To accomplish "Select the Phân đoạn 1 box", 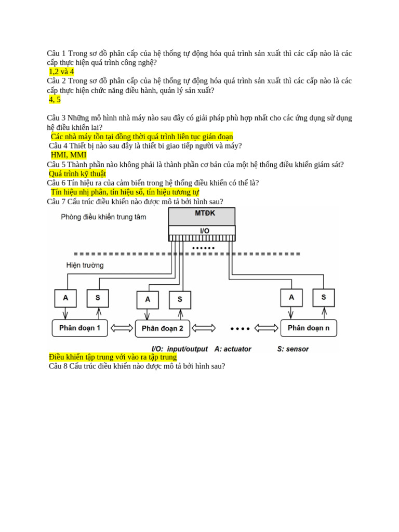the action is click(x=79, y=328).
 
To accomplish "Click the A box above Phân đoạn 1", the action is click(x=65, y=298).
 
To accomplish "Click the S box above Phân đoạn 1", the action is click(x=98, y=298).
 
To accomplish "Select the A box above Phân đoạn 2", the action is click(x=148, y=299).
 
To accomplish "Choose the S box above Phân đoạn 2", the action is click(x=180, y=299).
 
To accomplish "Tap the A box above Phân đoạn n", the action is click(x=291, y=297).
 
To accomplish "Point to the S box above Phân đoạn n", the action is click(x=324, y=297).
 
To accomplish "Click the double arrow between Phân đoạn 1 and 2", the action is click(x=122, y=328).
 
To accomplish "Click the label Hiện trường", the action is click(x=85, y=265).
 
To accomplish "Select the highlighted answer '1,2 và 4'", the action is click(x=61, y=72).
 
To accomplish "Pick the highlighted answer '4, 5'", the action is click(x=55, y=100).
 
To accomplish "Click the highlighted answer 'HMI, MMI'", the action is click(x=69, y=155).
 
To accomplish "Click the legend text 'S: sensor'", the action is click(x=293, y=349).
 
